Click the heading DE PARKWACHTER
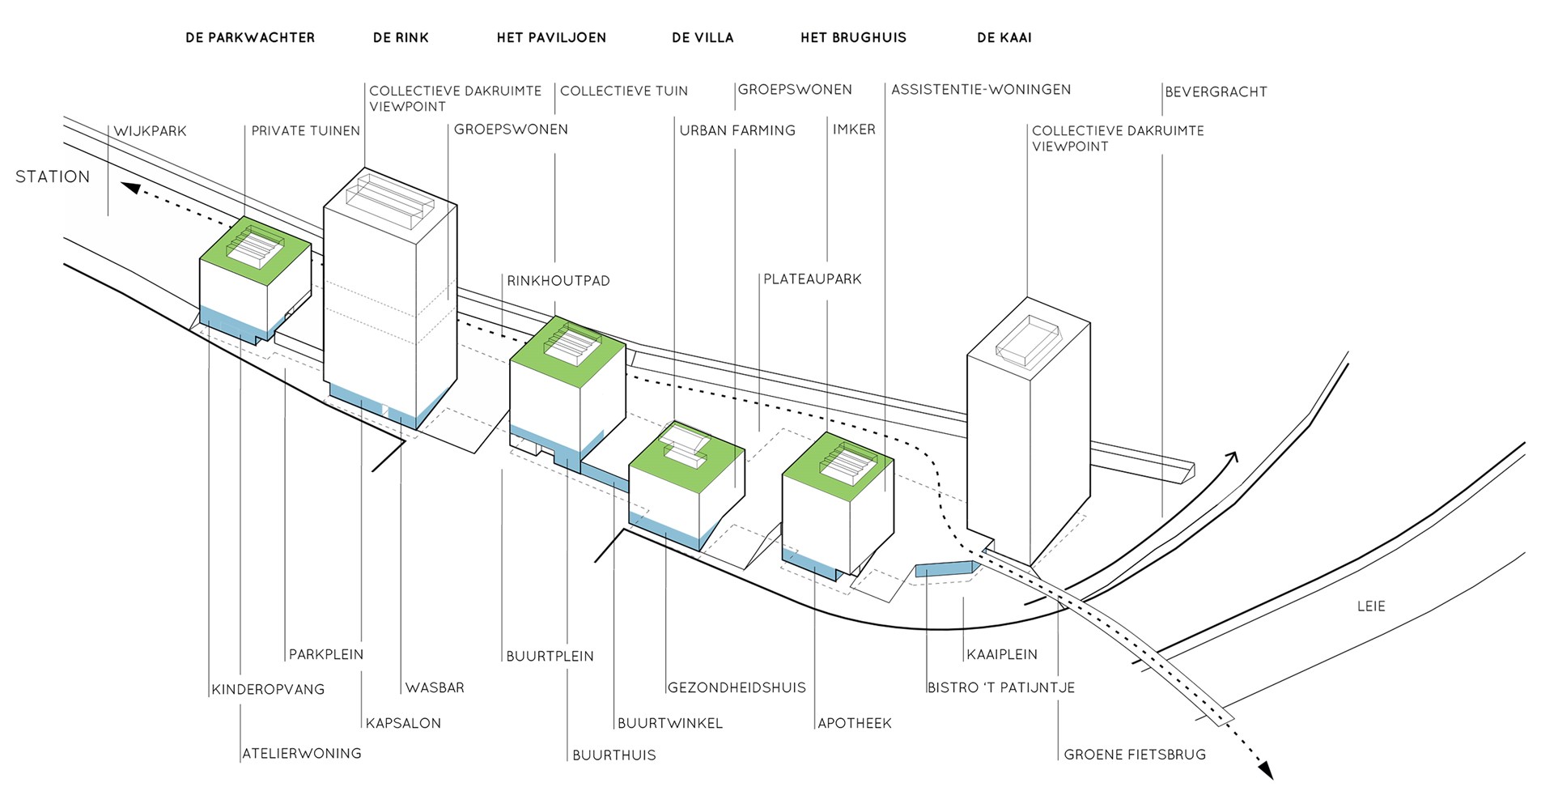click(x=250, y=37)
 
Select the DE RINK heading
click(x=401, y=37)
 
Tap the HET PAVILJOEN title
click(x=551, y=37)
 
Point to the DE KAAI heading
click(x=1004, y=37)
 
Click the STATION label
click(x=53, y=177)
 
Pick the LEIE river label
click(x=1371, y=606)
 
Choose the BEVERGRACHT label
click(x=1216, y=92)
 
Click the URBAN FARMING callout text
click(x=737, y=130)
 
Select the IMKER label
click(x=854, y=130)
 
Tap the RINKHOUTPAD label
click(x=558, y=281)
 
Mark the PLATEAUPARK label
click(x=813, y=279)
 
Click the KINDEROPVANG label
click(x=268, y=690)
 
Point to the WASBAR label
click(x=435, y=688)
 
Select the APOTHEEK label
click(x=855, y=723)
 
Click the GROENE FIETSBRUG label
click(x=1135, y=755)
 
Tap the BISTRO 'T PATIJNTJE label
click(x=1001, y=688)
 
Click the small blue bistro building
click(x=944, y=569)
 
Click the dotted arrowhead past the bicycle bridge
click(x=1265, y=772)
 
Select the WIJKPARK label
click(x=151, y=131)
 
